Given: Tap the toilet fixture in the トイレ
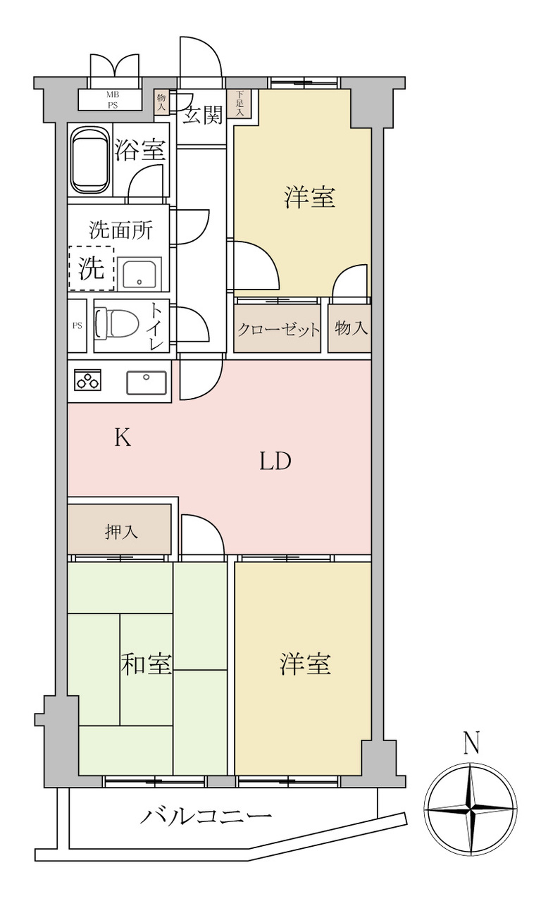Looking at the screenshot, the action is click(x=117, y=323).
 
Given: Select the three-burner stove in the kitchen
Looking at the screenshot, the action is click(x=88, y=380).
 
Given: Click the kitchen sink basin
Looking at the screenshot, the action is click(x=147, y=383).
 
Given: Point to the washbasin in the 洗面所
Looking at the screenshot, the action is click(x=139, y=273).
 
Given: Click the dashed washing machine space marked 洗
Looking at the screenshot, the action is click(x=92, y=268).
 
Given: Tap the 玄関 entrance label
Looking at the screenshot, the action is click(x=202, y=116).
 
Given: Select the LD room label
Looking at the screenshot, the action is click(x=275, y=461).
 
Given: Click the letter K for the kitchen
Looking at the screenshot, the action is click(x=123, y=437).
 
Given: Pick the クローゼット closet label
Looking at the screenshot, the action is click(x=278, y=330).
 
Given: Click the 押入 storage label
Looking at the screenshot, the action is click(x=121, y=532).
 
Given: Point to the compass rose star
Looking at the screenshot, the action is click(x=471, y=808).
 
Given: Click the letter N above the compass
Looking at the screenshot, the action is click(x=471, y=743).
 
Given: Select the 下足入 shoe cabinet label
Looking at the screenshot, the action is click(x=239, y=104).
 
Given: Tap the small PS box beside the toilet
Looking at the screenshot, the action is click(x=77, y=325).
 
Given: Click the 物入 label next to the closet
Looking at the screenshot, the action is click(x=351, y=328).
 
